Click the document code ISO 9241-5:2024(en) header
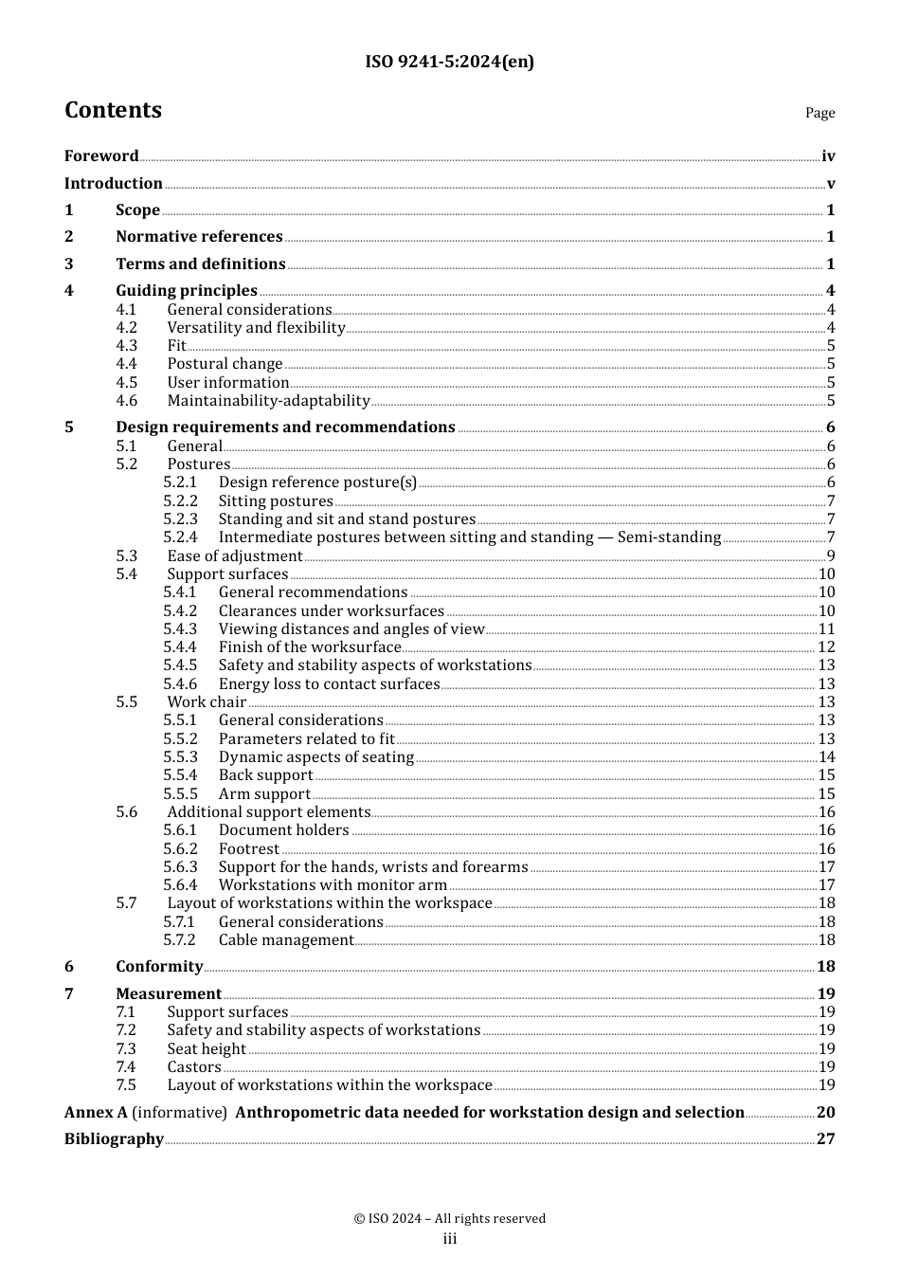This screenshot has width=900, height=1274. click(x=449, y=62)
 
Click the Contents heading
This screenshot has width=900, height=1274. click(x=113, y=110)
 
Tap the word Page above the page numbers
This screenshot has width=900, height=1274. click(x=819, y=113)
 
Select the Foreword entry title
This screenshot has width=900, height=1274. click(x=101, y=156)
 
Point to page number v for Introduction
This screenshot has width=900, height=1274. click(x=830, y=184)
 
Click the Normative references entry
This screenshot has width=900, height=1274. click(x=199, y=237)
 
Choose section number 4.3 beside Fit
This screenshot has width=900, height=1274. click(x=127, y=346)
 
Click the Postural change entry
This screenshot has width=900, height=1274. click(x=225, y=364)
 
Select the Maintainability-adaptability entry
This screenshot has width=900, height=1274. click(x=268, y=401)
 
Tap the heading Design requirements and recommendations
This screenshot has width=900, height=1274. click(x=285, y=428)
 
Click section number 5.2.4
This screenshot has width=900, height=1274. click(x=180, y=537)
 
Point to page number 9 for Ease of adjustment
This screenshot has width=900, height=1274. click(x=830, y=556)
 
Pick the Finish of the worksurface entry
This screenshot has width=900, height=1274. click(x=310, y=647)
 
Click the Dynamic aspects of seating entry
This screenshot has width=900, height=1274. click(x=315, y=757)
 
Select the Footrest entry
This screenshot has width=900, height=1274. click(x=249, y=849)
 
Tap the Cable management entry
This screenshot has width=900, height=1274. click(x=286, y=940)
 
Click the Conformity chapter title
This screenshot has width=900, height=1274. click(x=159, y=967)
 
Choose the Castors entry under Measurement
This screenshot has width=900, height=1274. click(x=194, y=1067)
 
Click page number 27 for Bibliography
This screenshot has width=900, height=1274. click(x=825, y=1139)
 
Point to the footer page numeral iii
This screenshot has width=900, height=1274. click(x=450, y=1239)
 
